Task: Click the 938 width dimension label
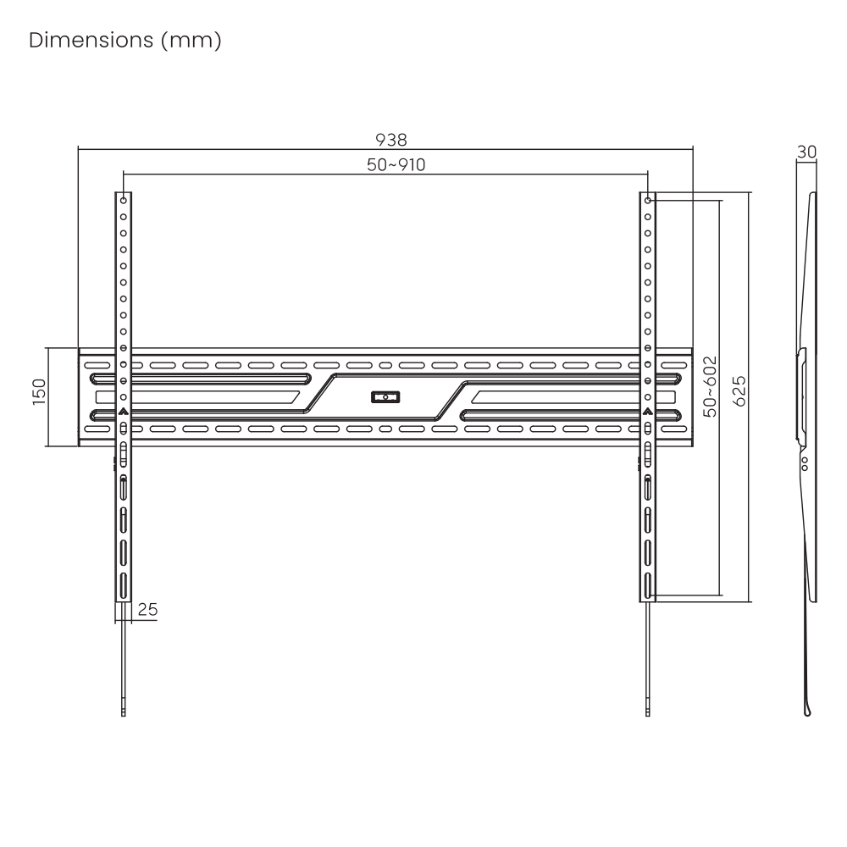pyautogui.click(x=391, y=140)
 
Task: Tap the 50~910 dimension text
pyautogui.click(x=396, y=165)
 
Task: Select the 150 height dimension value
pyautogui.click(x=39, y=391)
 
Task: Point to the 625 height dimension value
pyautogui.click(x=739, y=391)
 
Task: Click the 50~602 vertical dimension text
pyautogui.click(x=711, y=386)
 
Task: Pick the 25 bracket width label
pyautogui.click(x=147, y=609)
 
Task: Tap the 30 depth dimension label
pyautogui.click(x=806, y=152)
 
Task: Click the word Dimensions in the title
pyautogui.click(x=91, y=40)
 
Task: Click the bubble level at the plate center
pyautogui.click(x=385, y=397)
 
